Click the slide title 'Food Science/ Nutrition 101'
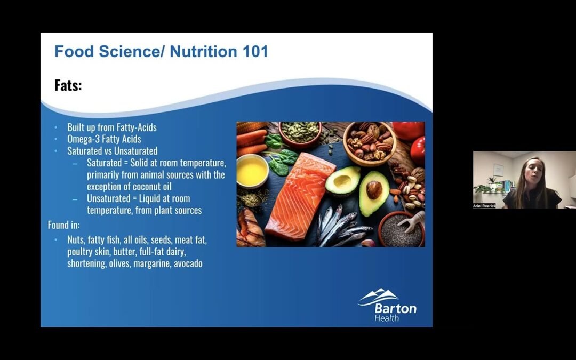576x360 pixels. (x=161, y=52)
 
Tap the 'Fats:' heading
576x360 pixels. (x=68, y=85)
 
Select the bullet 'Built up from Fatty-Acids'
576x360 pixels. (x=112, y=127)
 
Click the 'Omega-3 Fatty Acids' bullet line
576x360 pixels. (x=104, y=139)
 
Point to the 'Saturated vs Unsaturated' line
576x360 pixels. (x=112, y=151)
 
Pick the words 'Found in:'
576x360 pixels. (x=64, y=225)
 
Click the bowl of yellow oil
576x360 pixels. (x=252, y=171)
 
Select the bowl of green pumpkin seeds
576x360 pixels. (x=300, y=132)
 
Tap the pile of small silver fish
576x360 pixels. (x=341, y=227)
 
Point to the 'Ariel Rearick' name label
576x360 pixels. (x=484, y=205)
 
